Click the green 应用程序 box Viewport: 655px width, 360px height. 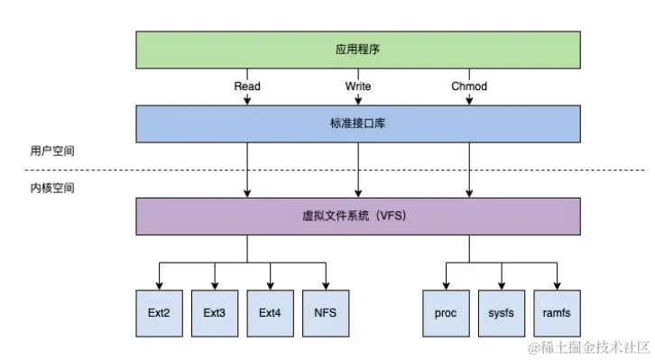pos(357,50)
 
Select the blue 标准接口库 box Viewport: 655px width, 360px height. pos(357,124)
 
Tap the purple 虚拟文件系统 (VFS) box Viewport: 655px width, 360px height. pos(357,217)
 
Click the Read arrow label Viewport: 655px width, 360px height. pos(247,87)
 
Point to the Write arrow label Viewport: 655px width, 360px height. pos(358,87)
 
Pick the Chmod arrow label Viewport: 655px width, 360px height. pos(469,87)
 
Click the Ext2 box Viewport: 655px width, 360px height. pos(159,313)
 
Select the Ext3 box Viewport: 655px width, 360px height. pos(215,313)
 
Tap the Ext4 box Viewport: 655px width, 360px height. pos(270,313)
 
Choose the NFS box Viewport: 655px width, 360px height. pos(326,313)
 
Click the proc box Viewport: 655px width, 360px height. pos(446,313)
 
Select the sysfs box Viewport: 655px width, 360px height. pos(501,313)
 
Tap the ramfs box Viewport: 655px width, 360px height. pos(557,313)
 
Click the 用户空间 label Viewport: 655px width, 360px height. pos(52,152)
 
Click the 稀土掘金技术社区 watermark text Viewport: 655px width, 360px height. pos(591,346)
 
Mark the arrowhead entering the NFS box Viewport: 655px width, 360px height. pos(326,285)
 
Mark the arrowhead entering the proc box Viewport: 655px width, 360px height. pos(446,285)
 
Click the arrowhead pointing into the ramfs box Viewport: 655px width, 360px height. pos(557,285)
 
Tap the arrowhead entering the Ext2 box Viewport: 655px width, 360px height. pos(159,285)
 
